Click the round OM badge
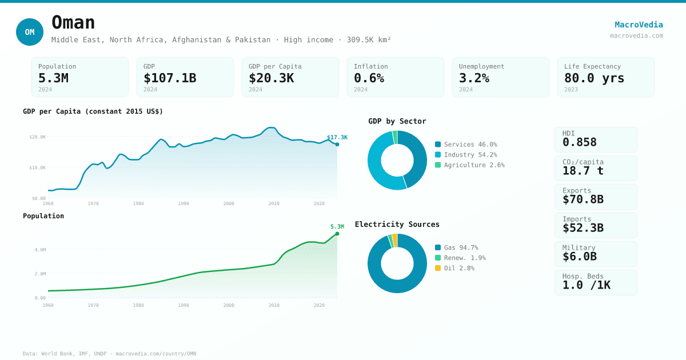(30, 32)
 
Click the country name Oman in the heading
(73, 23)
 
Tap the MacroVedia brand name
(639, 25)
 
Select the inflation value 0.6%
(369, 78)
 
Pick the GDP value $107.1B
(170, 78)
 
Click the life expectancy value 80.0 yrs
(594, 78)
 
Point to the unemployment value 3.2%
(474, 78)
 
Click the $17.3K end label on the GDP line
(337, 137)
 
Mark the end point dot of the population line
(337, 234)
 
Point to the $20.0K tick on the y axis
(38, 137)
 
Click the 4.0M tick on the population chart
(40, 250)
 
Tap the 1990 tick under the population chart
(184, 305)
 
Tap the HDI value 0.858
(579, 142)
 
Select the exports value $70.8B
(583, 199)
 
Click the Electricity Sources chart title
(397, 225)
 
